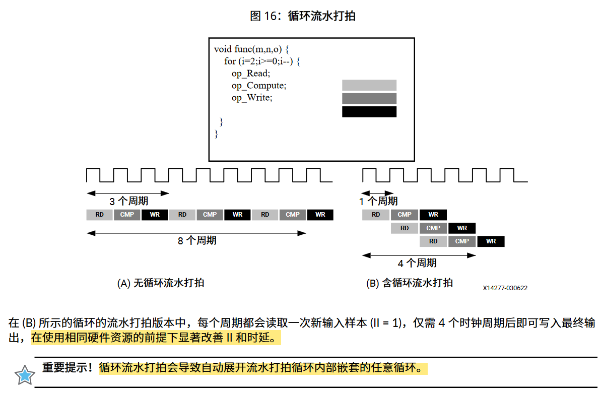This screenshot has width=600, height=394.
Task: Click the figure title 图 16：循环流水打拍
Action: [303, 16]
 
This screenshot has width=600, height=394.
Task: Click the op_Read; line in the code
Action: [251, 74]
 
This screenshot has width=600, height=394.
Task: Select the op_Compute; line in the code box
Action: [259, 86]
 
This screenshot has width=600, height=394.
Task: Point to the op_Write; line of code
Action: [252, 98]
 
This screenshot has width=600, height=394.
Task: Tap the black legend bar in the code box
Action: [369, 112]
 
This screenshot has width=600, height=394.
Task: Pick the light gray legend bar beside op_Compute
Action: [369, 85]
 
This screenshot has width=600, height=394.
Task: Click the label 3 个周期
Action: [128, 202]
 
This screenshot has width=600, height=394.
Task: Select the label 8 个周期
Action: [197, 241]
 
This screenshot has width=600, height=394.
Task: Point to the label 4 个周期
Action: [417, 263]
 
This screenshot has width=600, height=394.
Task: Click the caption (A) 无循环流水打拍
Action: [161, 283]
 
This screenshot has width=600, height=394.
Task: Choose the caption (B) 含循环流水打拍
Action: [409, 283]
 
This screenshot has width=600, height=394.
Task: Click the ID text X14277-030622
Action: [505, 288]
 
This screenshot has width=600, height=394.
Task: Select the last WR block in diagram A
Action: [320, 215]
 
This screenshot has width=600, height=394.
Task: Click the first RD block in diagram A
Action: [100, 215]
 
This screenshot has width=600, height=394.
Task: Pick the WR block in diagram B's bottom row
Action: [491, 241]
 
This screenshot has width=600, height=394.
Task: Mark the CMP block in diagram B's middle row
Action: [433, 228]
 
